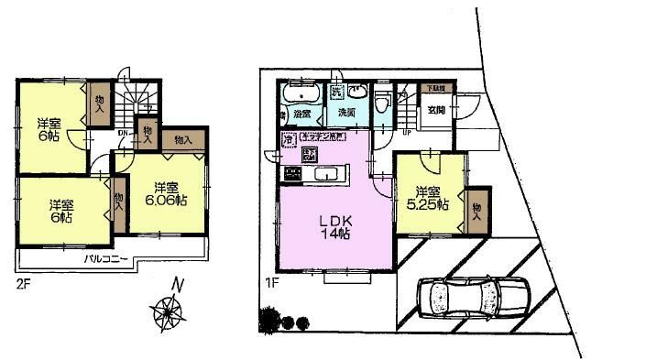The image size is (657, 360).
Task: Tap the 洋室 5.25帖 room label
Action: (429, 199)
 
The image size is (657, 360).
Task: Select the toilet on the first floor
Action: (381, 104)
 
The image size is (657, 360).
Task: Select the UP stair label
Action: (407, 130)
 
